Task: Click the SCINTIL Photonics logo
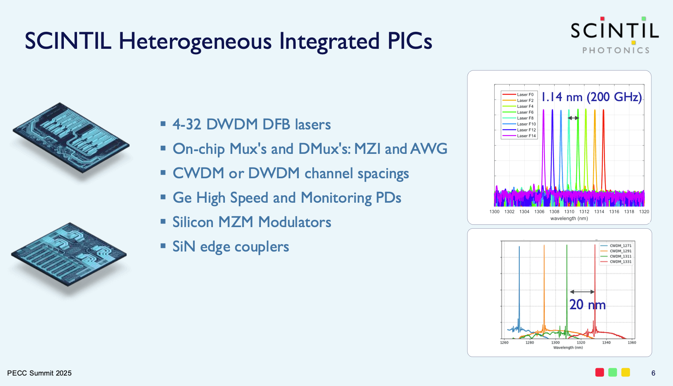(x=615, y=35)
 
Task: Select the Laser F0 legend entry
(x=518, y=95)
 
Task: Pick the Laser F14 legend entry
(x=519, y=136)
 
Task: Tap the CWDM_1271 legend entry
(x=616, y=246)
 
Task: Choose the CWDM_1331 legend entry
(x=616, y=262)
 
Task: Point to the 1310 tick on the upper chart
(x=569, y=212)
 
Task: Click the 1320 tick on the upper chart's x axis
(x=644, y=212)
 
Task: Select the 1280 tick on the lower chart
(x=529, y=342)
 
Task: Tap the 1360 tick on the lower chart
(x=632, y=342)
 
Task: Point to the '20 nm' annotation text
(x=587, y=305)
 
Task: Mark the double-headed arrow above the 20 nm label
(x=582, y=292)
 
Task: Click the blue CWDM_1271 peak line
(x=519, y=289)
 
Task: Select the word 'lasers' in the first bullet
(x=313, y=124)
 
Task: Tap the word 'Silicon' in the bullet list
(x=193, y=222)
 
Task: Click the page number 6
(x=653, y=373)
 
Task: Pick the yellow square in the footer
(x=625, y=372)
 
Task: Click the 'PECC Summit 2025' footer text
(x=39, y=373)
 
